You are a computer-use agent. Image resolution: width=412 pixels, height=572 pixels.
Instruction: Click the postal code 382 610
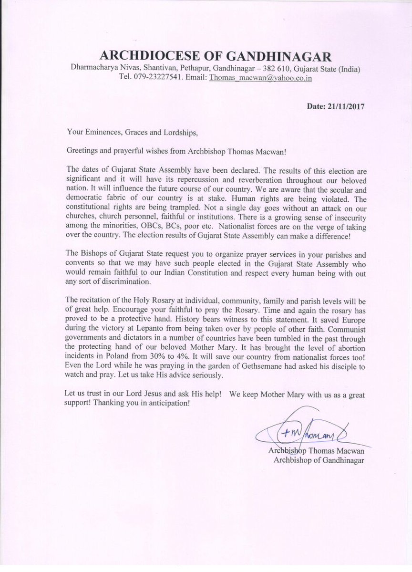tap(260, 69)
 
